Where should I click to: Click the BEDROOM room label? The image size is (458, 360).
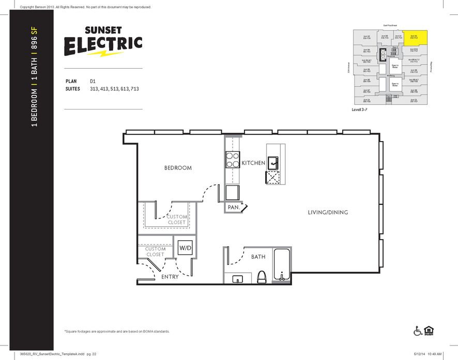(x=178, y=168)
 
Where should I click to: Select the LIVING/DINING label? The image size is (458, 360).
(x=328, y=212)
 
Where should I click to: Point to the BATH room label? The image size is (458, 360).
(x=258, y=257)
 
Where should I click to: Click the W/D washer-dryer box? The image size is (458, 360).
(x=185, y=248)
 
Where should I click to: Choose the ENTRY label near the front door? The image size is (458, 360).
(x=170, y=277)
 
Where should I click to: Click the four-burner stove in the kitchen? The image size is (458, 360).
(x=232, y=160)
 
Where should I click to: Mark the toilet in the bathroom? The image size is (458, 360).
(x=261, y=276)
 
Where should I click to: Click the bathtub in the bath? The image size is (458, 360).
(x=281, y=265)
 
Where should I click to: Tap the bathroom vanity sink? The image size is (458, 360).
(x=237, y=279)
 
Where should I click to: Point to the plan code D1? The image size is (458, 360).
(x=93, y=81)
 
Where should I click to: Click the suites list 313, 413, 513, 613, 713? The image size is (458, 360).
(x=114, y=89)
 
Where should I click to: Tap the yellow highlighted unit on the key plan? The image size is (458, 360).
(x=415, y=37)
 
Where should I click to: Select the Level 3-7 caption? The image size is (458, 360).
(x=360, y=110)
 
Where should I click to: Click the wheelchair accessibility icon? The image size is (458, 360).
(x=418, y=331)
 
